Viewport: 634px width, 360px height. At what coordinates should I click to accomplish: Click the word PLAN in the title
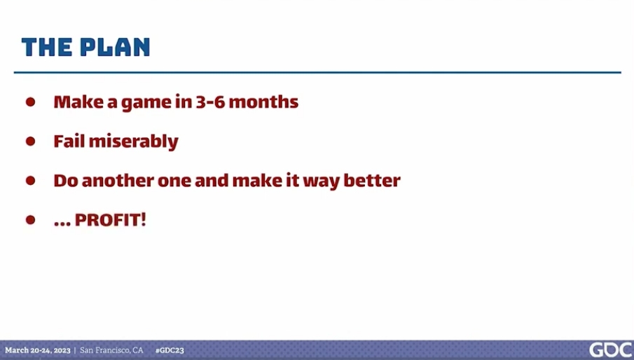(x=115, y=47)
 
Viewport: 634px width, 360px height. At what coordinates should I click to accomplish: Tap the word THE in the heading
(x=47, y=47)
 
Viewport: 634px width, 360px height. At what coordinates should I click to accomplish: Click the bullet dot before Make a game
(x=30, y=102)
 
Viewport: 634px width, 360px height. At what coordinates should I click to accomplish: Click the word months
(x=263, y=102)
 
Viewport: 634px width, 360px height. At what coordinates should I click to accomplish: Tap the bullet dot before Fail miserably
(x=30, y=141)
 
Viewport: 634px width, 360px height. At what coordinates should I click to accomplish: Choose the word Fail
(x=69, y=141)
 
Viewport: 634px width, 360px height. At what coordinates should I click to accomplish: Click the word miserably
(x=133, y=141)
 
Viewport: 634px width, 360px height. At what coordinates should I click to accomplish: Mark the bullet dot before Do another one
(x=30, y=180)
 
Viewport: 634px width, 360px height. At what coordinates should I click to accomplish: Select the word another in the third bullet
(x=118, y=181)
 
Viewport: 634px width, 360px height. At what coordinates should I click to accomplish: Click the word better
(x=372, y=180)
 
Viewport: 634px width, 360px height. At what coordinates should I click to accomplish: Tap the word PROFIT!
(x=111, y=220)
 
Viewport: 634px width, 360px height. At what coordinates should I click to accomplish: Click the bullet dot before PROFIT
(x=30, y=219)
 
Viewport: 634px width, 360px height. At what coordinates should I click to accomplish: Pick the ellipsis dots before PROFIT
(x=62, y=224)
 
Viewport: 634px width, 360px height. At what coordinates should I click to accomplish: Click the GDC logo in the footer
(x=611, y=350)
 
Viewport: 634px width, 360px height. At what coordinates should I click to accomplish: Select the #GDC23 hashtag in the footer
(x=170, y=350)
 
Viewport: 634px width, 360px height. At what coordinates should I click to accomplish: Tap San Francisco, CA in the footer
(x=111, y=350)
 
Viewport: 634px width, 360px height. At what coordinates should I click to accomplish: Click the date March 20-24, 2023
(x=38, y=350)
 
